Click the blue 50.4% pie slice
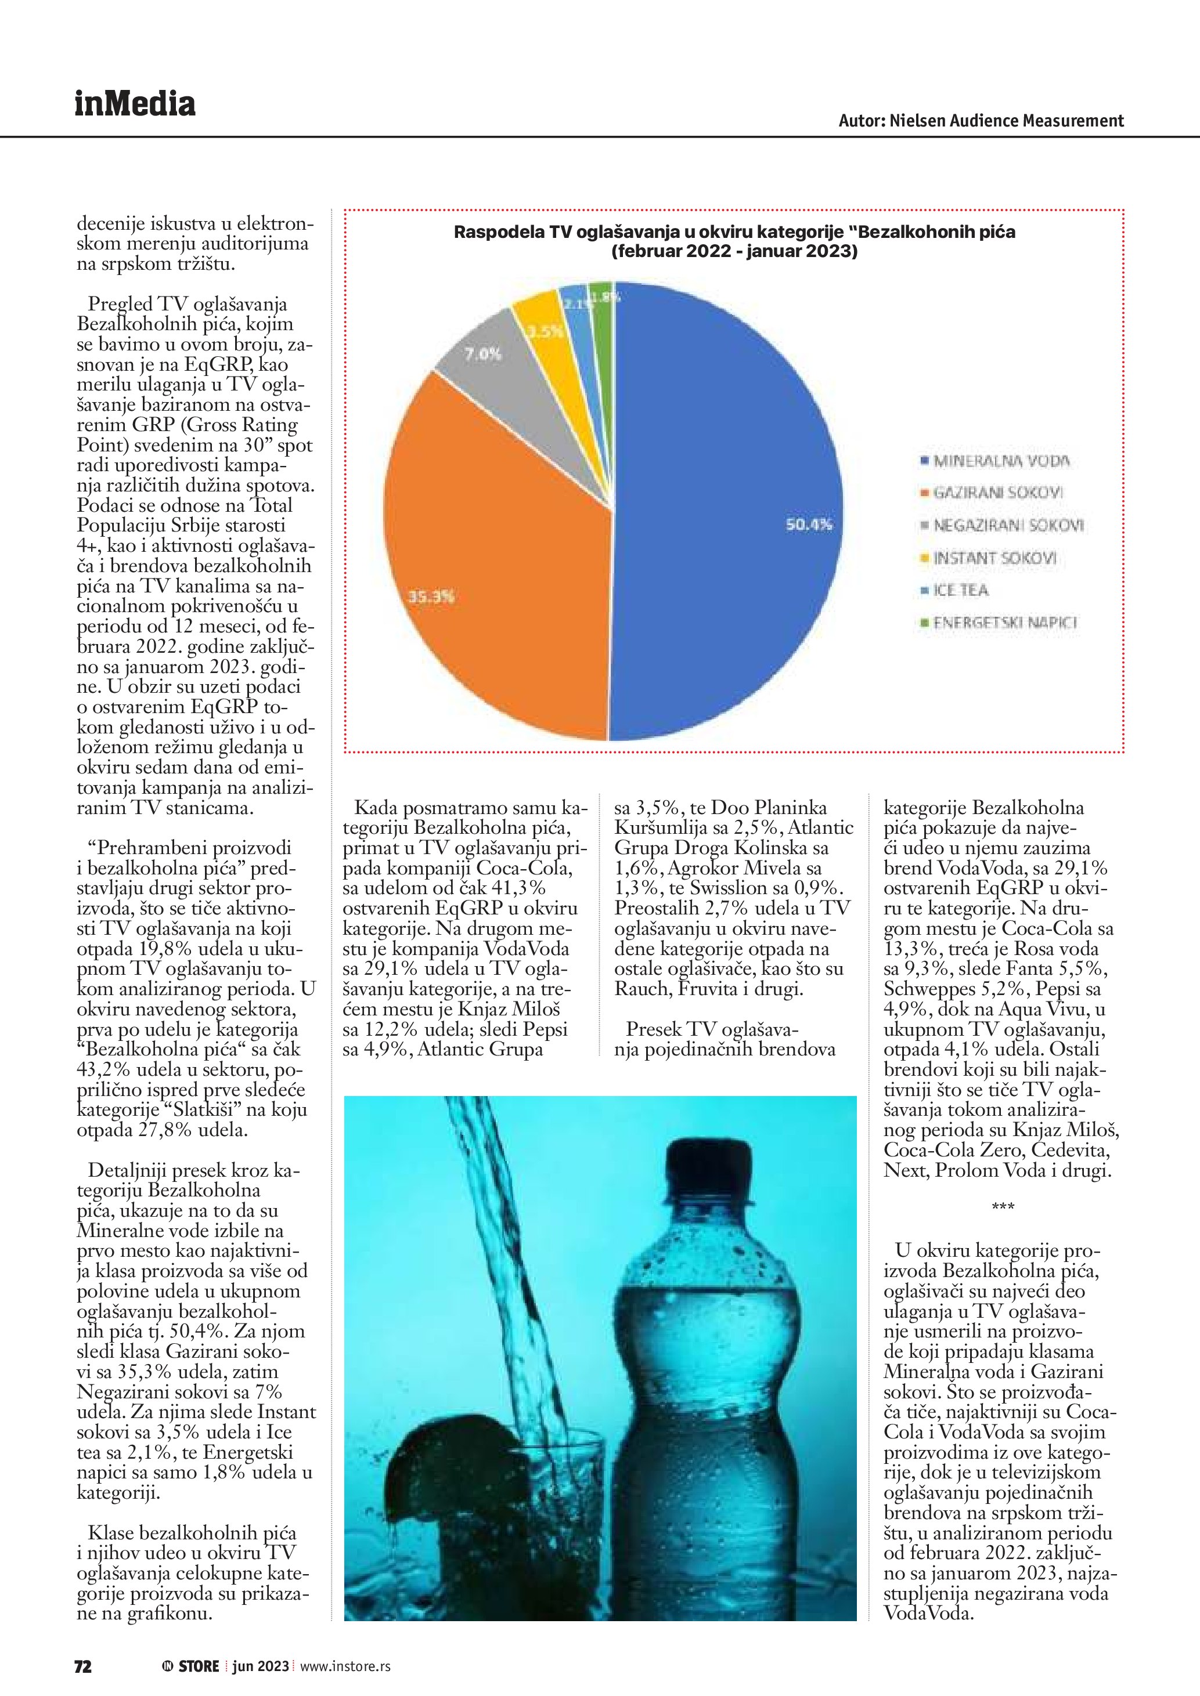(724, 517)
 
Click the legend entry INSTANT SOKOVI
(994, 558)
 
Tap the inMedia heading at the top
(135, 104)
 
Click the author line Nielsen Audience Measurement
(981, 121)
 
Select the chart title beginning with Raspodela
(734, 241)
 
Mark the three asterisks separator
(1003, 1207)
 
